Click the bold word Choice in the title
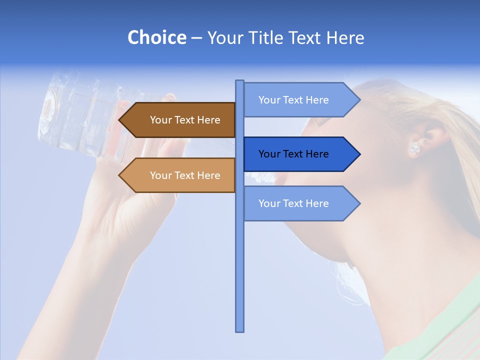click(156, 37)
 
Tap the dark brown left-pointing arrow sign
click(180, 120)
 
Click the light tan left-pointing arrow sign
click(180, 175)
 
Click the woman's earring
click(414, 148)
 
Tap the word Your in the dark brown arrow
click(160, 120)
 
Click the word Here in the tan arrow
click(208, 175)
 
